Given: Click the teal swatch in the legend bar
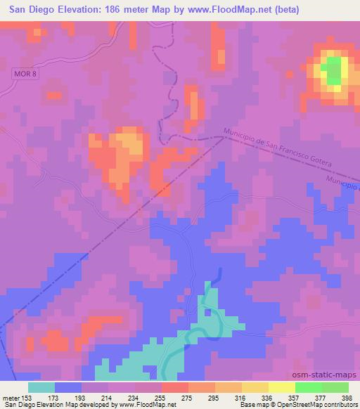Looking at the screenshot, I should pos(41,387).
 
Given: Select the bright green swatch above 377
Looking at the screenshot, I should pos(309,387).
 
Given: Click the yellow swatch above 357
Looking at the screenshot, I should pos(282,387).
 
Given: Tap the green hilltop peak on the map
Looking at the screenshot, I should pos(333,70).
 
